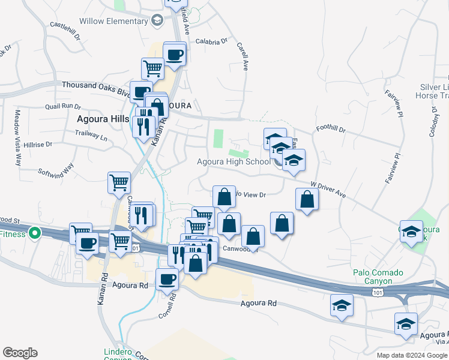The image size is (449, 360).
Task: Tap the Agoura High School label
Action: (x=234, y=161)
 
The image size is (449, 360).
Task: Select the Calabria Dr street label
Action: (x=212, y=42)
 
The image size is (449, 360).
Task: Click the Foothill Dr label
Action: (x=331, y=129)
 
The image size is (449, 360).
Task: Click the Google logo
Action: (x=20, y=353)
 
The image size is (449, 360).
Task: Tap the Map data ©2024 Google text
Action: (x=411, y=355)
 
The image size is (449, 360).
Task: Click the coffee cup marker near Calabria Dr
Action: (x=175, y=54)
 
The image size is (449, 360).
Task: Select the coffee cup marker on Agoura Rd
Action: (x=167, y=278)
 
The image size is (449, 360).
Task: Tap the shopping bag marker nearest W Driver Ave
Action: (x=307, y=199)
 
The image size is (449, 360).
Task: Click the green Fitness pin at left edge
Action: (x=35, y=233)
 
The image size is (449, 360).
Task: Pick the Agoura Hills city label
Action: (x=103, y=119)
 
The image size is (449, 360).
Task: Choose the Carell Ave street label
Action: (x=243, y=56)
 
